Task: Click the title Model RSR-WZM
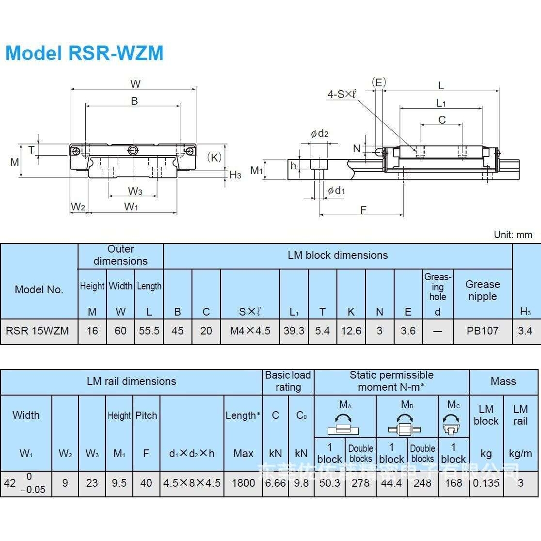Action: tap(84, 53)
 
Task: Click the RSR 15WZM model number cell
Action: tap(37, 331)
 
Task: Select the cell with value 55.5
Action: tap(149, 331)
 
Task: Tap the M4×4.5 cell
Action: tap(250, 331)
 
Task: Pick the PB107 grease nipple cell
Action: tap(482, 331)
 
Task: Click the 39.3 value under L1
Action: tap(294, 331)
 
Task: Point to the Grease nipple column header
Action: tap(482, 290)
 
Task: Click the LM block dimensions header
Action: tap(337, 255)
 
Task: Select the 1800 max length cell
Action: tap(243, 483)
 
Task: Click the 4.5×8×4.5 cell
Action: tap(191, 483)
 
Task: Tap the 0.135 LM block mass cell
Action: tap(486, 483)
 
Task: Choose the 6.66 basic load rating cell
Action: tap(275, 483)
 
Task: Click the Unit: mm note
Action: tap(513, 235)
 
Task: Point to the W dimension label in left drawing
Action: tap(135, 84)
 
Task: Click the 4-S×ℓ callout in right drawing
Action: tap(341, 94)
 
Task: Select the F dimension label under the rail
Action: tap(363, 210)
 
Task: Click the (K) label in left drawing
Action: tap(214, 157)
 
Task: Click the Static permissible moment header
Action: tap(391, 381)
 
